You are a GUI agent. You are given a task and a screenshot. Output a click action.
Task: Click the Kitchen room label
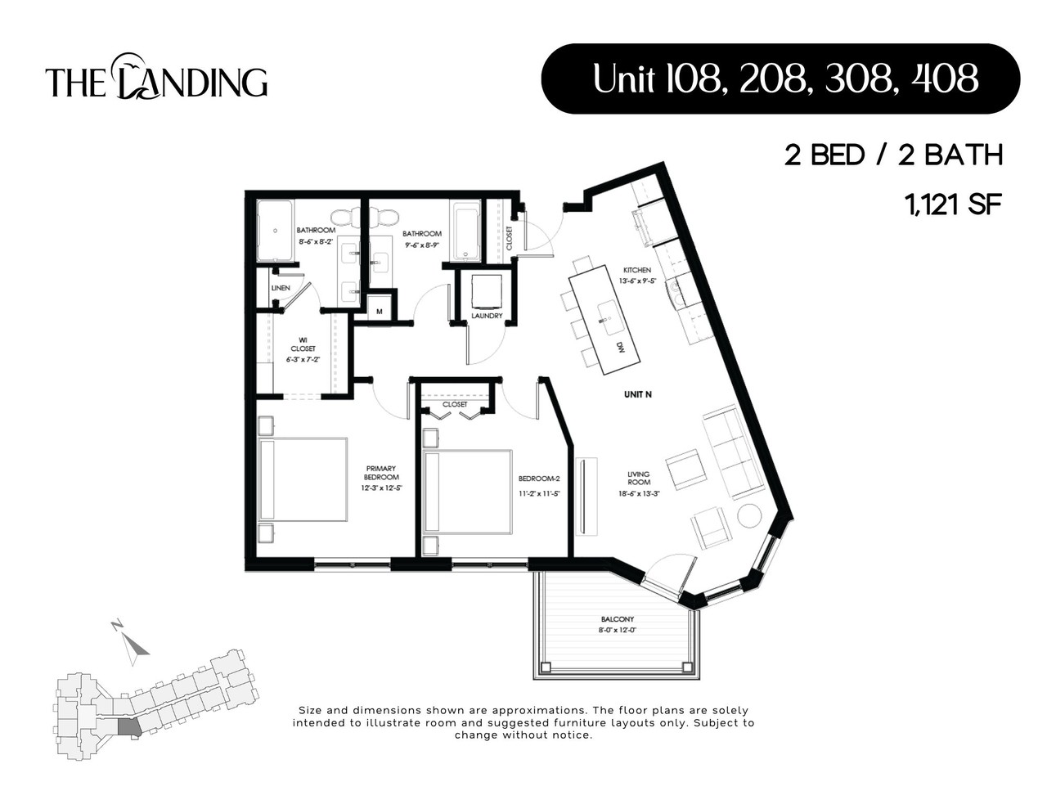click(636, 270)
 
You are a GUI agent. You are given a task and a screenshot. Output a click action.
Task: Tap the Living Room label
click(638, 479)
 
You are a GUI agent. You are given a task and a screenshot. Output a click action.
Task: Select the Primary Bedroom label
click(381, 473)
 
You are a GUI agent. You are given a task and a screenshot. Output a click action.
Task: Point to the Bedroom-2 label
click(538, 479)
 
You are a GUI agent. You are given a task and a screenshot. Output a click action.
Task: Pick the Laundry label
click(487, 317)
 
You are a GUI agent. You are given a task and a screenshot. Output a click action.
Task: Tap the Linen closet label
click(280, 288)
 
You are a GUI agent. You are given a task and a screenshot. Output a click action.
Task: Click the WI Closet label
click(303, 344)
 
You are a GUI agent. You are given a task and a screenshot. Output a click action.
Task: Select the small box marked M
click(379, 311)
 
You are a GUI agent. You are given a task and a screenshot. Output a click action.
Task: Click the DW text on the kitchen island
click(621, 348)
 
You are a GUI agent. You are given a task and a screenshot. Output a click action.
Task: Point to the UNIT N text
click(637, 394)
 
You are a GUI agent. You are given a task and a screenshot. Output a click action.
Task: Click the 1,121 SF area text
click(952, 204)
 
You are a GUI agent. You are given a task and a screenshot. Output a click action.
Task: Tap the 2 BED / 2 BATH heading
click(893, 155)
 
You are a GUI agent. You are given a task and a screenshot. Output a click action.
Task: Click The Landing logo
click(156, 79)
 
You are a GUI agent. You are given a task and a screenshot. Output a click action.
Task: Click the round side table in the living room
click(749, 516)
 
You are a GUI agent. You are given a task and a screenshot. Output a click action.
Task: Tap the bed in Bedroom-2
click(467, 492)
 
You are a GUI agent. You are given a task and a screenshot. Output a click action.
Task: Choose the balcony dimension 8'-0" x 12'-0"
click(617, 630)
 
